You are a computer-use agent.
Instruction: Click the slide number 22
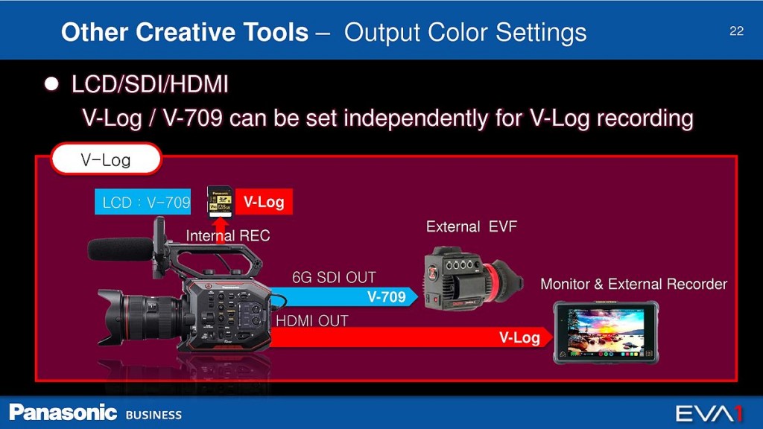736,31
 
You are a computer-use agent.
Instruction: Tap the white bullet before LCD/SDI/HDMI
51,84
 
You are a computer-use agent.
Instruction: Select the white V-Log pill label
106,159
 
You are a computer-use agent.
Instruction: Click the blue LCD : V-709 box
142,202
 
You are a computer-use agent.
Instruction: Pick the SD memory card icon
220,201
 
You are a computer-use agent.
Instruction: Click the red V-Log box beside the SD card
264,201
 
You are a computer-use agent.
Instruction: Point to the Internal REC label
228,236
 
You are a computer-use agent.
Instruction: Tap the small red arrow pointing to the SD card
221,229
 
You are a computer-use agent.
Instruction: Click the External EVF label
472,226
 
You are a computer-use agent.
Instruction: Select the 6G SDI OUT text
334,277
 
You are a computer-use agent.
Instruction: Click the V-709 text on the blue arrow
387,296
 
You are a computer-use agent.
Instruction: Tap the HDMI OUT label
312,321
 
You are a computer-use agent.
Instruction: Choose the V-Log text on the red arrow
519,337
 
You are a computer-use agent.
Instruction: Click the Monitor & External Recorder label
633,284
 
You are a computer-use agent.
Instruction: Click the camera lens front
111,317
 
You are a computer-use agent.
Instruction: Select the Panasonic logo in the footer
63,413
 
